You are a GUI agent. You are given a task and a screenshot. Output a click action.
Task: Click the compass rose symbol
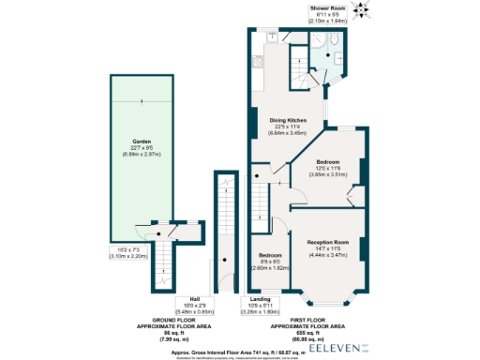tap(363, 11)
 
